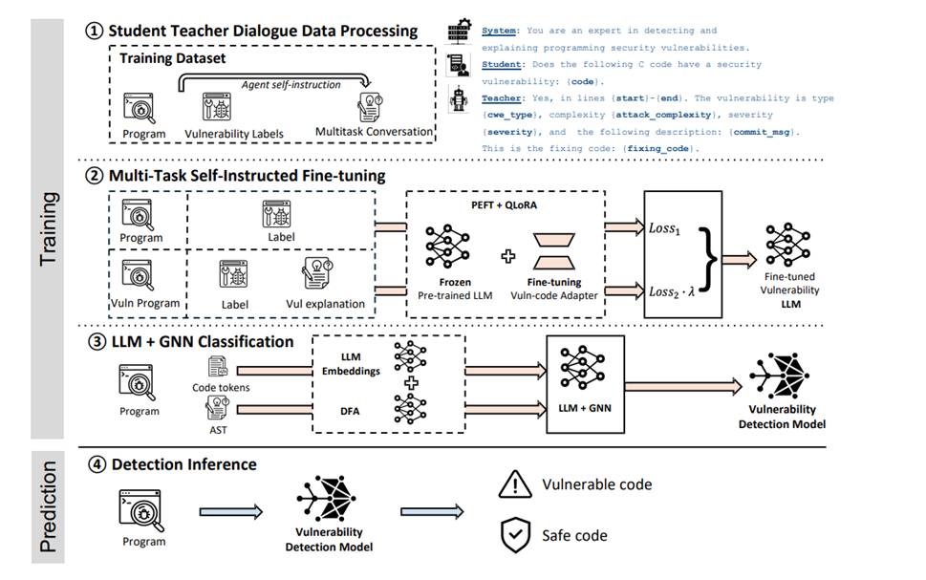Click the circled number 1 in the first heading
click(94, 31)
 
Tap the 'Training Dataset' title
click(172, 58)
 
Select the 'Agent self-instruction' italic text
click(291, 84)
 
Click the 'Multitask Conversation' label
click(374, 131)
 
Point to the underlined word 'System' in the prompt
click(501, 31)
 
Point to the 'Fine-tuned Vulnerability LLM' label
click(789, 290)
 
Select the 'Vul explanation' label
click(326, 304)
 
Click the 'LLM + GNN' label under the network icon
click(585, 408)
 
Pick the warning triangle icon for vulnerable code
click(514, 484)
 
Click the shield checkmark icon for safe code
click(515, 535)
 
